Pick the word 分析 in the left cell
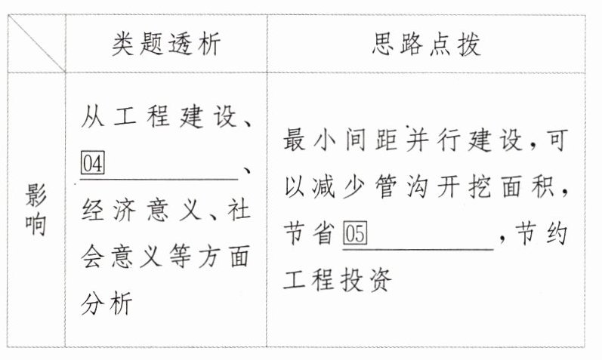tap(107, 305)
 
